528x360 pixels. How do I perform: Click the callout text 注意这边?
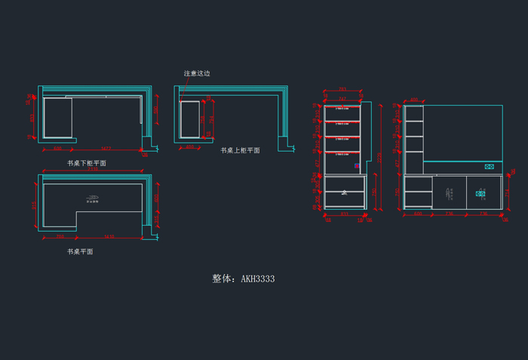coord(197,74)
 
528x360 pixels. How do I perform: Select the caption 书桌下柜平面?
coord(87,163)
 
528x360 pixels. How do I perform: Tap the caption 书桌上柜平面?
coord(240,151)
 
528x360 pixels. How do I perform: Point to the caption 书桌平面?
coord(80,252)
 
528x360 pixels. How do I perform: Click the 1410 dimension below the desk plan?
coord(109,237)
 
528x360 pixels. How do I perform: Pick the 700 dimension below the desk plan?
coord(60,237)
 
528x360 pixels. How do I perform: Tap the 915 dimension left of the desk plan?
coord(34,205)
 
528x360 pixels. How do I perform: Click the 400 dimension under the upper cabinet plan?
coord(189,147)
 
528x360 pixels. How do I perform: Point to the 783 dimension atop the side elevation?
coord(342,90)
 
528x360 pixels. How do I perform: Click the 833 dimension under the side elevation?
coord(345,214)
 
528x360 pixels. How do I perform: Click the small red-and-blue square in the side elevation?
coord(357,166)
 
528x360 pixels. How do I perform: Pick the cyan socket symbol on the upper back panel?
coord(489,166)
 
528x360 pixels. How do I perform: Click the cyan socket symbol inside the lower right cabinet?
coord(480,194)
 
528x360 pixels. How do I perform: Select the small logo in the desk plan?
coord(93,200)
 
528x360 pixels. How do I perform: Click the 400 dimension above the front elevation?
coord(413,100)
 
